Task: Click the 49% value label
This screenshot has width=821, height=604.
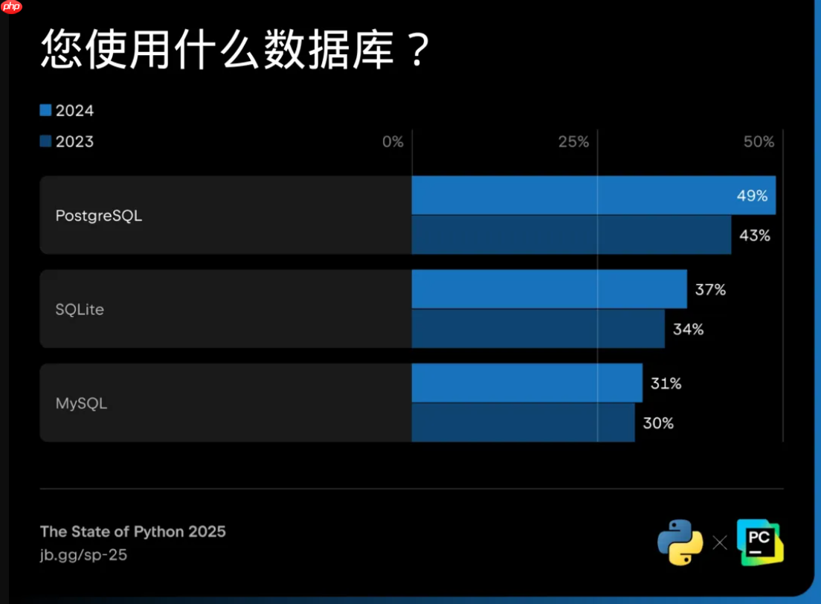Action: (x=752, y=196)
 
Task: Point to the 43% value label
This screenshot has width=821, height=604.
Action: (x=754, y=236)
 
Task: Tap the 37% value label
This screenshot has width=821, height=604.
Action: (x=710, y=290)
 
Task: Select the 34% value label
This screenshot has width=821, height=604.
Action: (x=688, y=330)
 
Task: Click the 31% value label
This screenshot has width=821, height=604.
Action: (x=666, y=384)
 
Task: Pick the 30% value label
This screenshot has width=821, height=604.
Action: (x=658, y=423)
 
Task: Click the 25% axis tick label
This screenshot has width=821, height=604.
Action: (x=573, y=142)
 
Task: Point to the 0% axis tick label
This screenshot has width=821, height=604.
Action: (x=393, y=142)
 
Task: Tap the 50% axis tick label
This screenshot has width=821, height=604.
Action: (x=759, y=142)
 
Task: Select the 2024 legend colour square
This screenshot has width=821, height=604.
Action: (x=46, y=111)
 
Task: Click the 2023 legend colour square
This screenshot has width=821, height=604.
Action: (x=46, y=141)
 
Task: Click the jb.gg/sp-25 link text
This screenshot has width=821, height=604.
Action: (x=83, y=555)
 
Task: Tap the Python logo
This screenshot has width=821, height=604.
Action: (x=680, y=542)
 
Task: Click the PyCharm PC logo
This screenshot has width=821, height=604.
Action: (x=760, y=543)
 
